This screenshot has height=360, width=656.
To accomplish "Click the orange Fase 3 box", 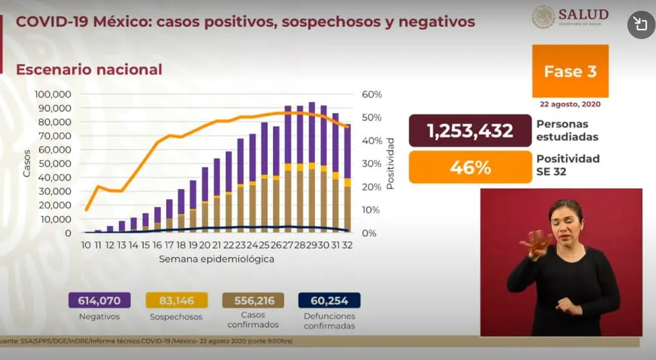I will coord(570,71).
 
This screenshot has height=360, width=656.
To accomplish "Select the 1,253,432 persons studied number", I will coord(469,131).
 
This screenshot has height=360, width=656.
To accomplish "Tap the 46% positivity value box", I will coord(469,166).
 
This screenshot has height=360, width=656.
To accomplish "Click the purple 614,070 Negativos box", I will coord(98,300).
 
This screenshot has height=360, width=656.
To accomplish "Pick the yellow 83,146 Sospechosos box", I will coord(176,300).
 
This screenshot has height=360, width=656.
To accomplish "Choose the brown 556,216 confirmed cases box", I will coord(254,300).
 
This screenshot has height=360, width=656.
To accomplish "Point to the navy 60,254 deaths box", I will coord(330,300).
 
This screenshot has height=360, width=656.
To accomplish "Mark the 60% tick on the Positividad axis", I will coord(372,94).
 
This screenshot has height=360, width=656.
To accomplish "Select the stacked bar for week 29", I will coord(312,168).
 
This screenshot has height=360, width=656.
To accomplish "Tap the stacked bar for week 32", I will coord(347,178).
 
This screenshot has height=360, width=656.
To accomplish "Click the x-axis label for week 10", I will coord(86,246).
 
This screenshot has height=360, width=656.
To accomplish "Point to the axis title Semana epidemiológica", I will coord(217,259).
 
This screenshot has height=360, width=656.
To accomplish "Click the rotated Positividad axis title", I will coord(390,164).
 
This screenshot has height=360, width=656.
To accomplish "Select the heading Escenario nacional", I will coord(89,69).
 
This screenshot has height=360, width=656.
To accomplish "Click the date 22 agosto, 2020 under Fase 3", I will coord(570,104).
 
